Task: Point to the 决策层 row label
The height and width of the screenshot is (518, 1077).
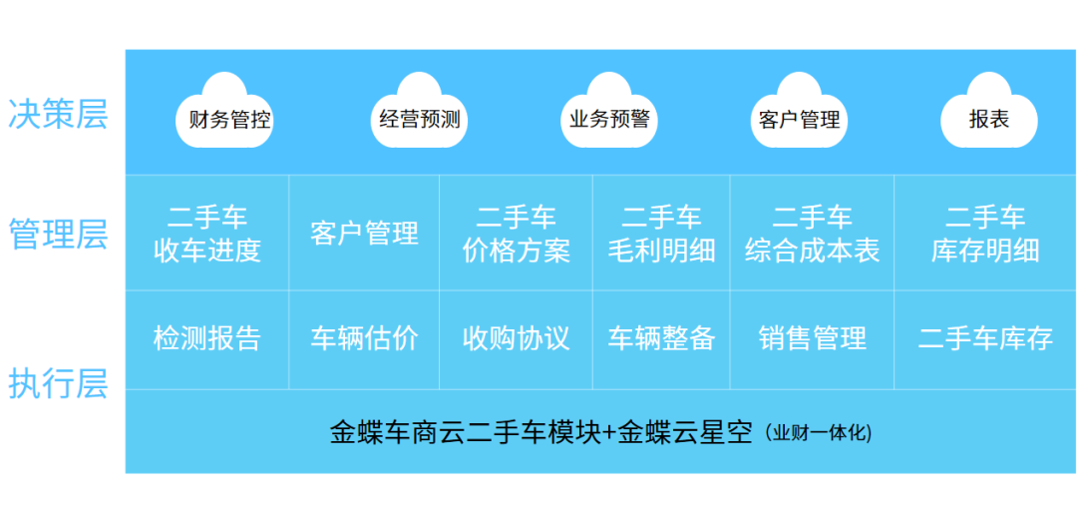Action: point(58,115)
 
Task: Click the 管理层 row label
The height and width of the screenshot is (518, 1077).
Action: point(58,234)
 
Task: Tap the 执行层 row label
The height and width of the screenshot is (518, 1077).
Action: point(58,384)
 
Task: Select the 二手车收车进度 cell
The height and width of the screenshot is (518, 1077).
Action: point(206,233)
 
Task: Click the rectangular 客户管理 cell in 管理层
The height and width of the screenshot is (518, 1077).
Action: point(364,233)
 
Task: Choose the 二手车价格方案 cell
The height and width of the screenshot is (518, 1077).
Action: point(516,233)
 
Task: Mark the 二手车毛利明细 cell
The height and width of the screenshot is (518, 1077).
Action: point(661,233)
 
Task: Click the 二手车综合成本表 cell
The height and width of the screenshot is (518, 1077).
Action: point(812,233)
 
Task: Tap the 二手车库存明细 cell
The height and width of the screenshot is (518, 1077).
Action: point(985,233)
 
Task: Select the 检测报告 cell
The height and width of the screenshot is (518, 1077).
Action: point(206,339)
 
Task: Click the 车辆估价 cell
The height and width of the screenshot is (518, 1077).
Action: point(364,339)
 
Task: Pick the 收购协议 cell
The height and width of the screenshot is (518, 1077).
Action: point(516,339)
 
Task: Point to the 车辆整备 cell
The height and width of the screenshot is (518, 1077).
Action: point(661,339)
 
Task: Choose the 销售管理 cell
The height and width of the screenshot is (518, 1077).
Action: point(812,339)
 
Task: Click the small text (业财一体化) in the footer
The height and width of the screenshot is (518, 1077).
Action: point(818,434)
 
